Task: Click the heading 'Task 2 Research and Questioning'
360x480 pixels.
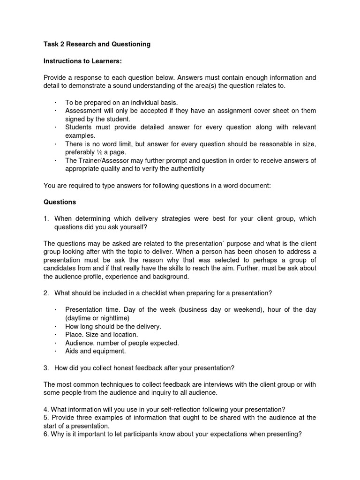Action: pos(97,44)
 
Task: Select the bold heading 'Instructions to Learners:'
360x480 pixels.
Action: pos(83,61)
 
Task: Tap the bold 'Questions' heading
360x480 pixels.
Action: pos(60,202)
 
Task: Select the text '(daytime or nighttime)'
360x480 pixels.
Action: pos(97,318)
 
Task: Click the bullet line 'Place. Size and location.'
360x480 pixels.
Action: pos(102,335)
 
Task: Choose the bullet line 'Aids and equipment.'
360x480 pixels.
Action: pos(96,351)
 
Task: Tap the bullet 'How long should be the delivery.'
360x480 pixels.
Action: pos(113,326)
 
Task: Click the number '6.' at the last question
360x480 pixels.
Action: pos(46,434)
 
